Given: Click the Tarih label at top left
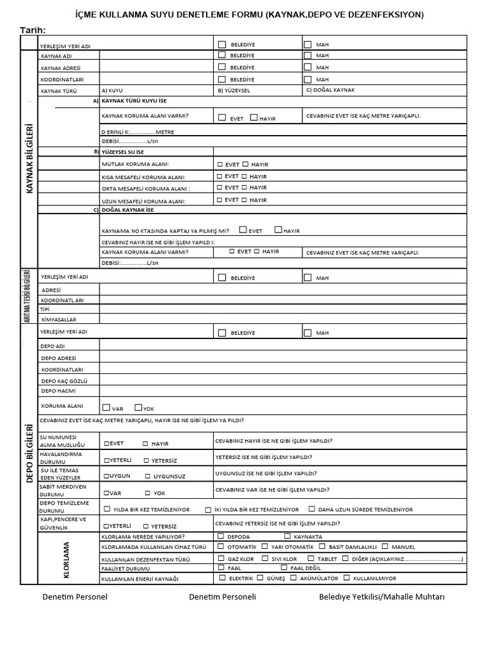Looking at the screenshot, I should click(x=32, y=30).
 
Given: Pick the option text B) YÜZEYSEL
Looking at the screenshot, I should click(x=234, y=91).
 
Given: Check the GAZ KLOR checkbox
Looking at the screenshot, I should click(x=221, y=558).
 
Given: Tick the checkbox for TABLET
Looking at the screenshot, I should click(x=311, y=558).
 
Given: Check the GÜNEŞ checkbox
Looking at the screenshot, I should click(x=261, y=577).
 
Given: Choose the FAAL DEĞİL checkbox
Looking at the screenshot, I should click(x=283, y=568).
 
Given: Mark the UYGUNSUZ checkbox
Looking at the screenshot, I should click(x=148, y=475).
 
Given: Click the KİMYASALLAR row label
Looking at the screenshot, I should click(x=58, y=320).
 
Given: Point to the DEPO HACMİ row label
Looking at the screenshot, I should click(x=58, y=391).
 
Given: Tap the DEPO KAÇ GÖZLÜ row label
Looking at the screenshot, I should click(x=63, y=380).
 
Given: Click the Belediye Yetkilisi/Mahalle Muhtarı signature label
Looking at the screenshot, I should click(x=382, y=597).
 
